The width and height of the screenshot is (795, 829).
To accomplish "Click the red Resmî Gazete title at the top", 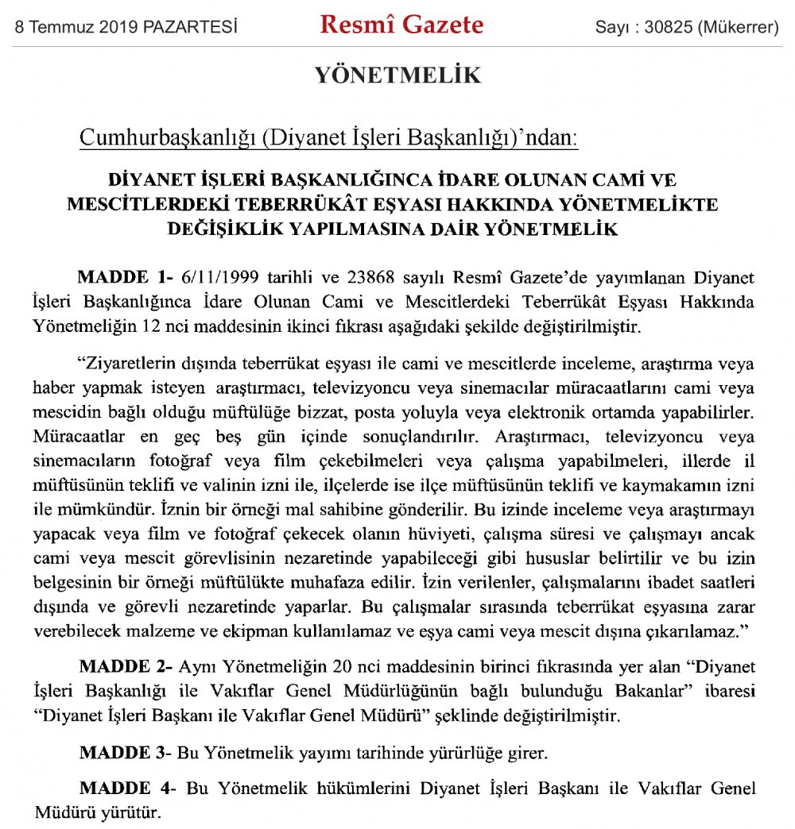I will pos(401,25).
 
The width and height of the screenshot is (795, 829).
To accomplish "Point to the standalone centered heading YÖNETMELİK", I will pos(398,76).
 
